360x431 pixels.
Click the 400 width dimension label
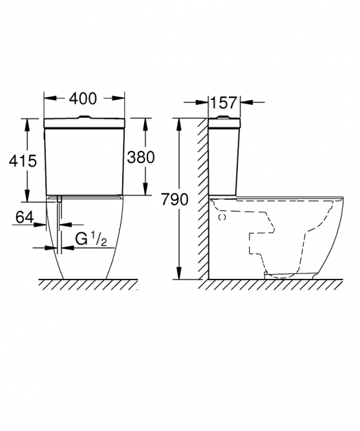pos(83,99)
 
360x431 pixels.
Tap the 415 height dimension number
pos(23,161)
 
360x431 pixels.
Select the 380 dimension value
pos(141,158)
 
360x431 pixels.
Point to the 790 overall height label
pos(175,199)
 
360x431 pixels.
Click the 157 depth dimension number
pos(224,103)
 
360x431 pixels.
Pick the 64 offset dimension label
pos(25,217)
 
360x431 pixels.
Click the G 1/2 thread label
pos(91,239)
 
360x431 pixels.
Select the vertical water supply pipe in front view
pos(60,225)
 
